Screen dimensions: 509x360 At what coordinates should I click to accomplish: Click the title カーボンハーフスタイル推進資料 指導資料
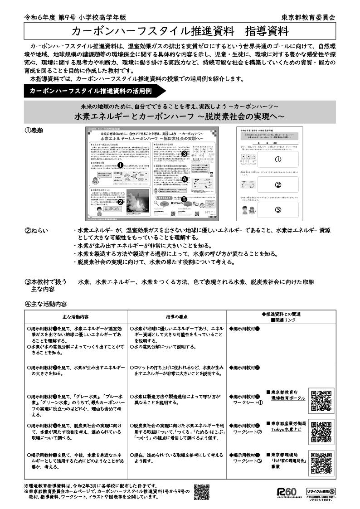coord(180,31)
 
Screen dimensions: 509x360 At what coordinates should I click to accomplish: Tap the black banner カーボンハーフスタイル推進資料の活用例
coord(90,91)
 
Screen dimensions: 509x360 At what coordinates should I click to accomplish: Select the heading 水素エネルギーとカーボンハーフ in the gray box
coord(180,116)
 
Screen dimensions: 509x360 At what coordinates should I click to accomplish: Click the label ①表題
coord(34,131)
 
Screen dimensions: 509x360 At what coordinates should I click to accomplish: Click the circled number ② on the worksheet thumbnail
coord(278,184)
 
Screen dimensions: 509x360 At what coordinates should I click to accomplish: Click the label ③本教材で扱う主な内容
coord(45,285)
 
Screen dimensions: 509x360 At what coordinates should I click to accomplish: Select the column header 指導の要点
coord(176,316)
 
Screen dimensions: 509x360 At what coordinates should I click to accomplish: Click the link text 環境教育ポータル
coord(288,398)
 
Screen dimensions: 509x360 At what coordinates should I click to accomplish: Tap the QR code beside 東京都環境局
coord(321,463)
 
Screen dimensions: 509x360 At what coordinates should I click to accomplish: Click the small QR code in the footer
coord(201,492)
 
